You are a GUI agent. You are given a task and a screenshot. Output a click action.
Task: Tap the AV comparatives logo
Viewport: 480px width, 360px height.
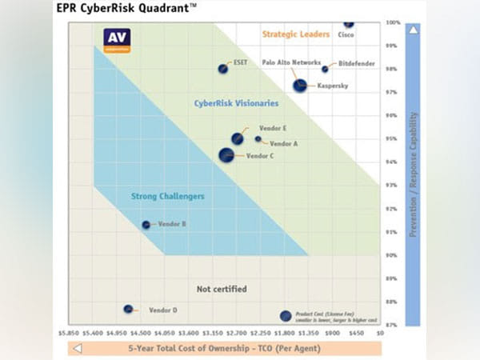tap(118, 39)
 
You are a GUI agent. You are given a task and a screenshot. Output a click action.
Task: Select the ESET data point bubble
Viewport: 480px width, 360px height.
tap(223, 69)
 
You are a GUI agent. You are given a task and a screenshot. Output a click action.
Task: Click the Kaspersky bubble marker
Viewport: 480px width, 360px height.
tap(300, 85)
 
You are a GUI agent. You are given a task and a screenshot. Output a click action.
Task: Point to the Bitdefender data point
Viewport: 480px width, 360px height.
tap(325, 70)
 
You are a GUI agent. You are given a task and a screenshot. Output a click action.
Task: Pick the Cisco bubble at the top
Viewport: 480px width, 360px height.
tap(348, 25)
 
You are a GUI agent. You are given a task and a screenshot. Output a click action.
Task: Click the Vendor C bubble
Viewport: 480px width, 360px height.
tap(227, 154)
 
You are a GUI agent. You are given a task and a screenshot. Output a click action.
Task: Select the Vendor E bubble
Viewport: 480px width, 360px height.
tap(238, 138)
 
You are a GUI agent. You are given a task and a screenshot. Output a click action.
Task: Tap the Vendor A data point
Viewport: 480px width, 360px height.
tap(258, 138)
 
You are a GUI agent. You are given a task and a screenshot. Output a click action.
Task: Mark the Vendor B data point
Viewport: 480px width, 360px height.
tap(146, 225)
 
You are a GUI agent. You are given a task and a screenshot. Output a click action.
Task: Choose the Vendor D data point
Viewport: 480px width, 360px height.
tap(128, 309)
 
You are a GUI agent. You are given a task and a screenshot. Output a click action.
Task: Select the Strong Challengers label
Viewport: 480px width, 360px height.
tap(167, 196)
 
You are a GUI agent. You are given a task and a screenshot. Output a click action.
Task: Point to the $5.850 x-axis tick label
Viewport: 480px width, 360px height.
tap(68, 332)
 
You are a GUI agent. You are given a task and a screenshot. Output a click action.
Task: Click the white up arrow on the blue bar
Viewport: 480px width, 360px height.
tap(412, 30)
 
